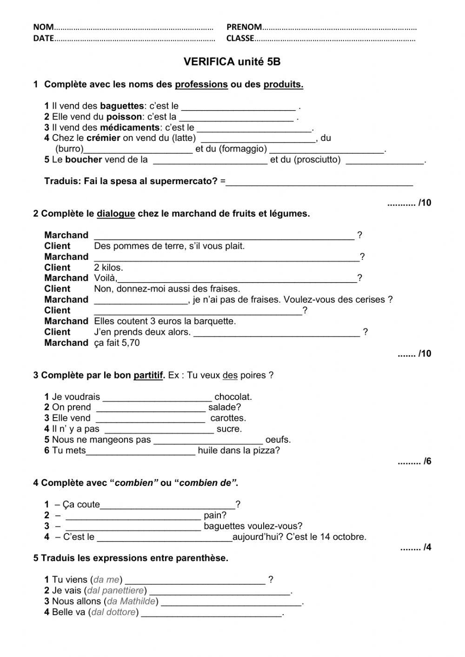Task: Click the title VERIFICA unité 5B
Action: (x=232, y=62)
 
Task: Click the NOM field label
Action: (x=43, y=27)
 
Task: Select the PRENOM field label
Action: (x=244, y=27)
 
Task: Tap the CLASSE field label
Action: (x=240, y=39)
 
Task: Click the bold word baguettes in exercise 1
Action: (x=122, y=106)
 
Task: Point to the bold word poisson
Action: (x=124, y=117)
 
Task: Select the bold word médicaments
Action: (x=129, y=127)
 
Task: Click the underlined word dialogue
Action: (x=116, y=214)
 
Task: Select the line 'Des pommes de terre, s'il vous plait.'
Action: (x=169, y=246)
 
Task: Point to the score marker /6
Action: (x=427, y=461)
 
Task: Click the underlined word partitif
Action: (x=148, y=375)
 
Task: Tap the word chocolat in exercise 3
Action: (x=233, y=397)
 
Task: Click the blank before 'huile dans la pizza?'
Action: (x=141, y=451)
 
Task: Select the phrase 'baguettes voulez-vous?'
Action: (x=253, y=526)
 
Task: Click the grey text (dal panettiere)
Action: (x=116, y=591)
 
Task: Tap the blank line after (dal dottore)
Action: (x=212, y=613)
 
